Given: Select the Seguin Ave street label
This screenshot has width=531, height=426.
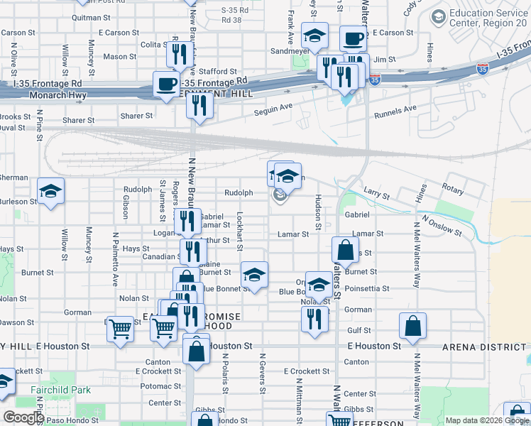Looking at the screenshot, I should pyautogui.click(x=274, y=107).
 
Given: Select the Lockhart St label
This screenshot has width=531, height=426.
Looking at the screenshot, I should pyautogui.click(x=240, y=231).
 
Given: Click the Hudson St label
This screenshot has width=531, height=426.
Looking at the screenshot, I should pyautogui.click(x=318, y=212).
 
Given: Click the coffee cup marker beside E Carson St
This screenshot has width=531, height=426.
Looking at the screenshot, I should pyautogui.click(x=352, y=38).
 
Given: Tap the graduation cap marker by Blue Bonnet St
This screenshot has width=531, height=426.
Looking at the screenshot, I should pyautogui.click(x=254, y=273).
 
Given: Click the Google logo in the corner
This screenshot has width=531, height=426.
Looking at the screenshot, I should pyautogui.click(x=23, y=417).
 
